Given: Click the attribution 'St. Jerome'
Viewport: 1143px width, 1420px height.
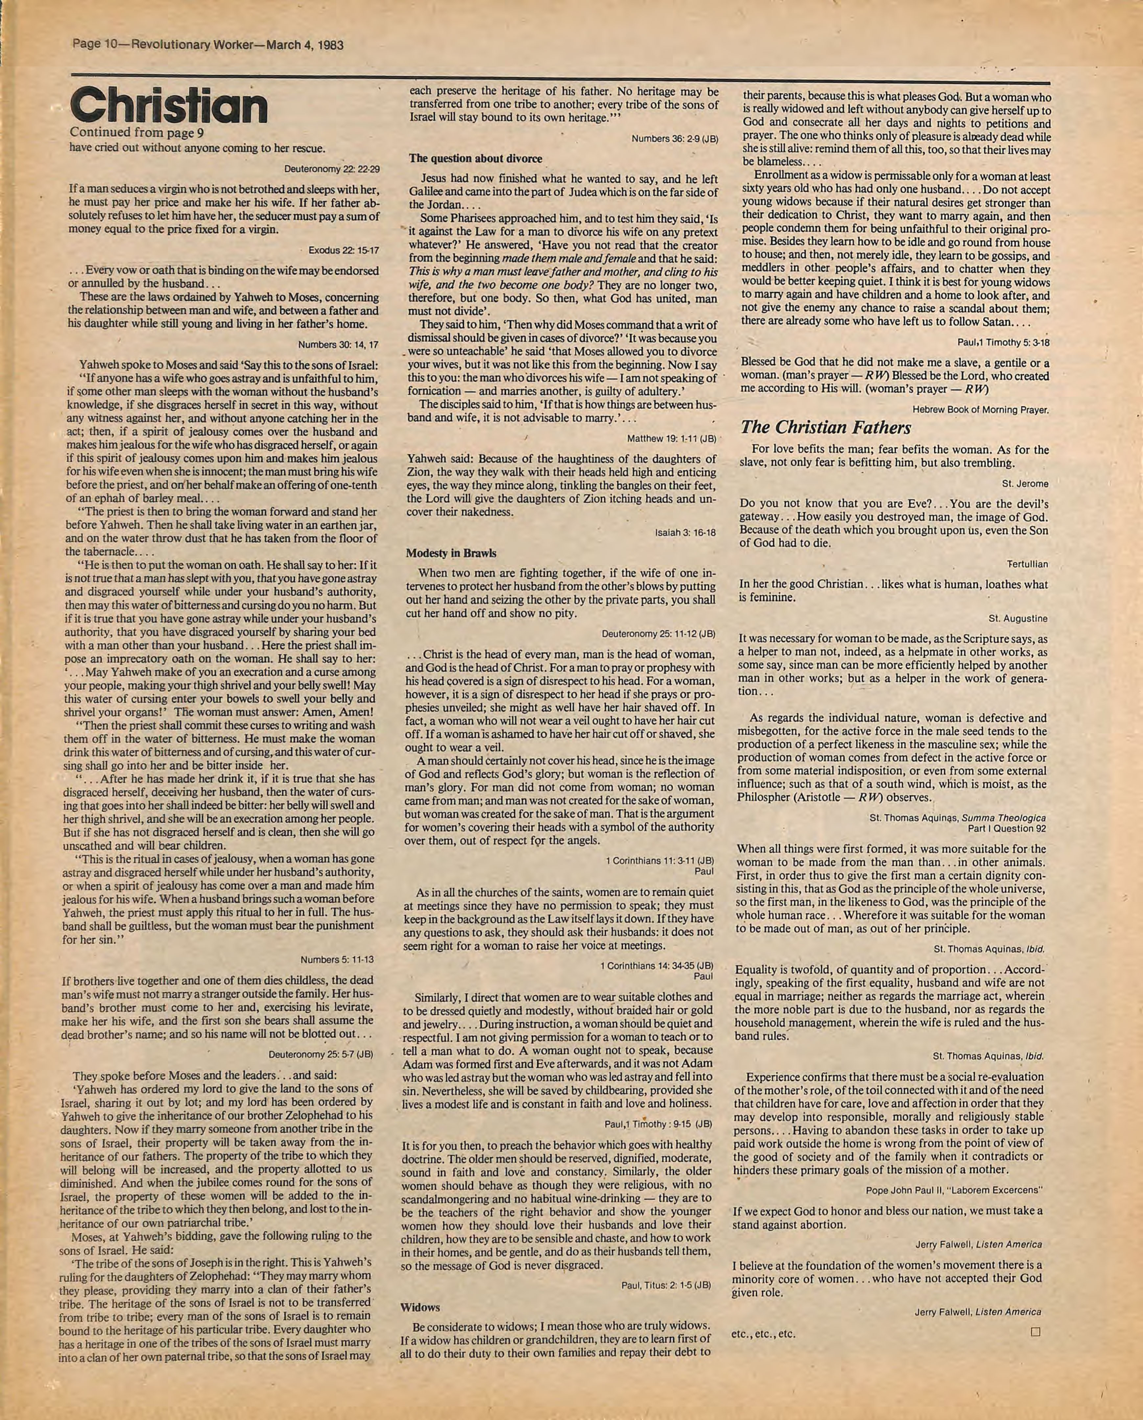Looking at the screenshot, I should click(1024, 484).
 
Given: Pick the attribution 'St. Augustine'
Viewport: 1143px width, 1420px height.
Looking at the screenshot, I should click(1018, 618).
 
